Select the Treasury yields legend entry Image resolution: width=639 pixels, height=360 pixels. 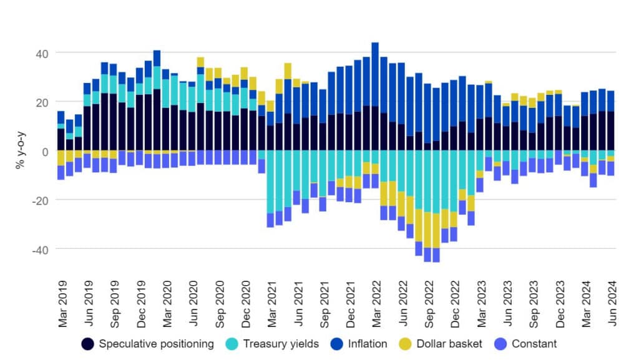pos(275,344)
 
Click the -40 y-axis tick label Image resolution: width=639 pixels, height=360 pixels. pos(39,249)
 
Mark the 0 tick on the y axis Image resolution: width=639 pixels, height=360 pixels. pos(44,151)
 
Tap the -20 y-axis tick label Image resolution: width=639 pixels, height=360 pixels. pos(39,200)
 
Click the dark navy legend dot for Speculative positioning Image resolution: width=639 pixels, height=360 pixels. pos(89,344)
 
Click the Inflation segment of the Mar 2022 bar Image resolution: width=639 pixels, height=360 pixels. pos(375,75)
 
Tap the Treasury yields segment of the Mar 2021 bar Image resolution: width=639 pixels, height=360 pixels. pos(270,181)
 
